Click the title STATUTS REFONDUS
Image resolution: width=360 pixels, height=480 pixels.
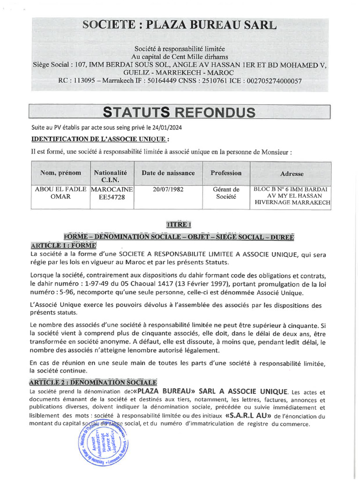click(180, 112)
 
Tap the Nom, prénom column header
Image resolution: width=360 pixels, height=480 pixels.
click(60, 173)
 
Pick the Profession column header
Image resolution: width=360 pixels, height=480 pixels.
click(226, 173)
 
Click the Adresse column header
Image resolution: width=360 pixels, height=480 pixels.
click(292, 174)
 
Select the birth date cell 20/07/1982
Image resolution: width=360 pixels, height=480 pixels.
click(168, 189)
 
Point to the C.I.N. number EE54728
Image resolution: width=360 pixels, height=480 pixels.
click(112, 198)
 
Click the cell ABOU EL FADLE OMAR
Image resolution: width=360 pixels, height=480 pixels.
click(60, 193)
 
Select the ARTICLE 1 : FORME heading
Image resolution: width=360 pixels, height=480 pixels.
click(63, 246)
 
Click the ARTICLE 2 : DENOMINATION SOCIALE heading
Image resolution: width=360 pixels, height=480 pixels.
click(94, 382)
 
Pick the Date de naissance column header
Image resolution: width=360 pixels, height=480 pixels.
click(168, 173)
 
